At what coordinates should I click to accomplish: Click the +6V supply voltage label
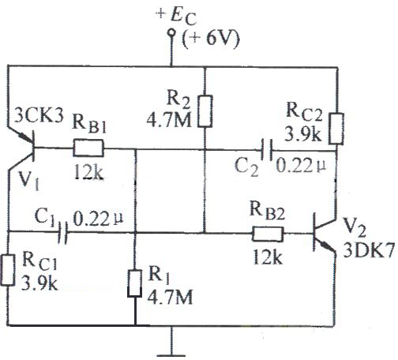(x=211, y=39)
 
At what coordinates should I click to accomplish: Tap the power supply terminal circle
(x=171, y=32)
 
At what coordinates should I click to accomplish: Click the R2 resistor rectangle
(x=205, y=111)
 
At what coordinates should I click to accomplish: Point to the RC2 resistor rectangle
(x=336, y=129)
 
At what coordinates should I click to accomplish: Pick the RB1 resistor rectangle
(x=88, y=148)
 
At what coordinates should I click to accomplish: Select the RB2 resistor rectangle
(x=268, y=234)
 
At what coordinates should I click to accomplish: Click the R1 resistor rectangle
(x=135, y=283)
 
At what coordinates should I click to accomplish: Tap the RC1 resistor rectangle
(x=8, y=270)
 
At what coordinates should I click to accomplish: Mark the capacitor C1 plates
(x=62, y=232)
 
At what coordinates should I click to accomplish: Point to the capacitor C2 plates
(x=267, y=150)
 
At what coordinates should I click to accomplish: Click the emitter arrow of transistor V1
(x=25, y=137)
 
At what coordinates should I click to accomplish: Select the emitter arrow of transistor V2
(x=325, y=246)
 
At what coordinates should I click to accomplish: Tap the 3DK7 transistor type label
(x=369, y=250)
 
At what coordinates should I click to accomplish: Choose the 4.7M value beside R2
(x=169, y=120)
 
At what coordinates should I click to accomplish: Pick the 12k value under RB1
(x=88, y=172)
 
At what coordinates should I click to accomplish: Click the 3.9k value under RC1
(x=39, y=283)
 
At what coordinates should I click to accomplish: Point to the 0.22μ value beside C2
(x=301, y=166)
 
